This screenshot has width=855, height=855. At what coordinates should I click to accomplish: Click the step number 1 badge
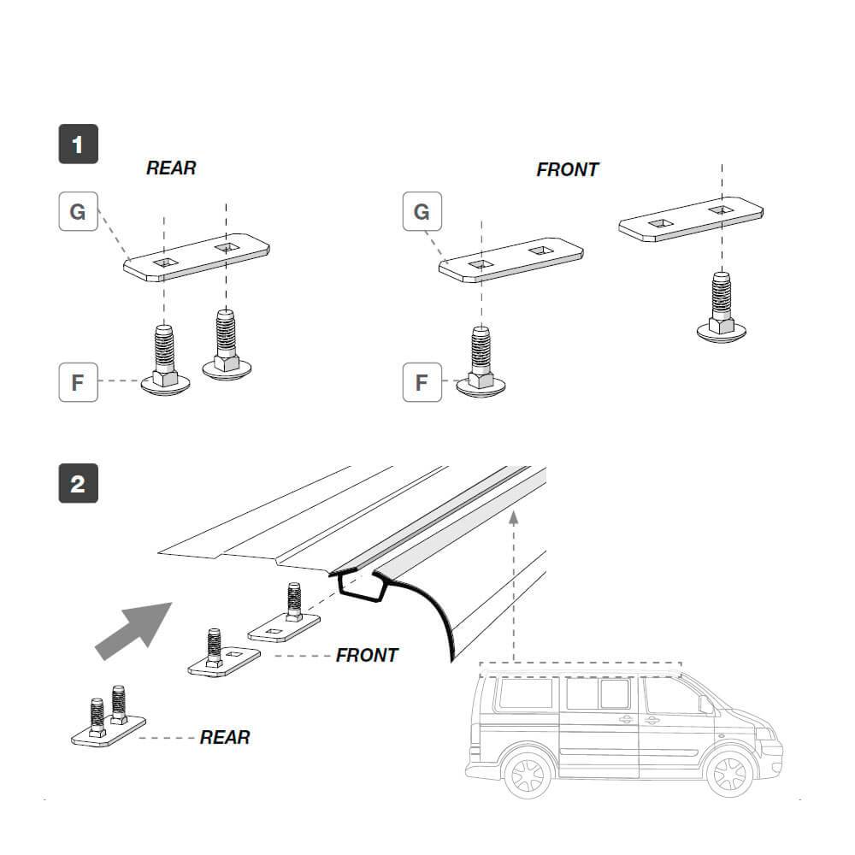(x=78, y=144)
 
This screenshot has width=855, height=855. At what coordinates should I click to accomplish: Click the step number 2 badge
(x=78, y=484)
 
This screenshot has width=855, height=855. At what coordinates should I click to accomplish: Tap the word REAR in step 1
(x=171, y=168)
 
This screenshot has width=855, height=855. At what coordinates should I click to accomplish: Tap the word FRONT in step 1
(x=567, y=170)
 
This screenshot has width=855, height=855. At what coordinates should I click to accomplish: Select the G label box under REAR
(x=78, y=211)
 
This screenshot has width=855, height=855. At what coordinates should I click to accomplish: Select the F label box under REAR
(x=78, y=381)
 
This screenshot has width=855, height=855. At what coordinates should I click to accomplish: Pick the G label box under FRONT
(x=422, y=211)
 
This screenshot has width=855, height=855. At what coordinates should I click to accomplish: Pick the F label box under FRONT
(x=422, y=381)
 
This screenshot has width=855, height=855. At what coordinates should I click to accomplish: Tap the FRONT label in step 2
(x=367, y=656)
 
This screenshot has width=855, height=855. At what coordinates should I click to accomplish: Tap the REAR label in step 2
(x=225, y=737)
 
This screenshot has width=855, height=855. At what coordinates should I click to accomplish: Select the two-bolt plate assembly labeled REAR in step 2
(x=107, y=722)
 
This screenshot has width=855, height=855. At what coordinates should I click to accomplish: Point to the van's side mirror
(x=706, y=705)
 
